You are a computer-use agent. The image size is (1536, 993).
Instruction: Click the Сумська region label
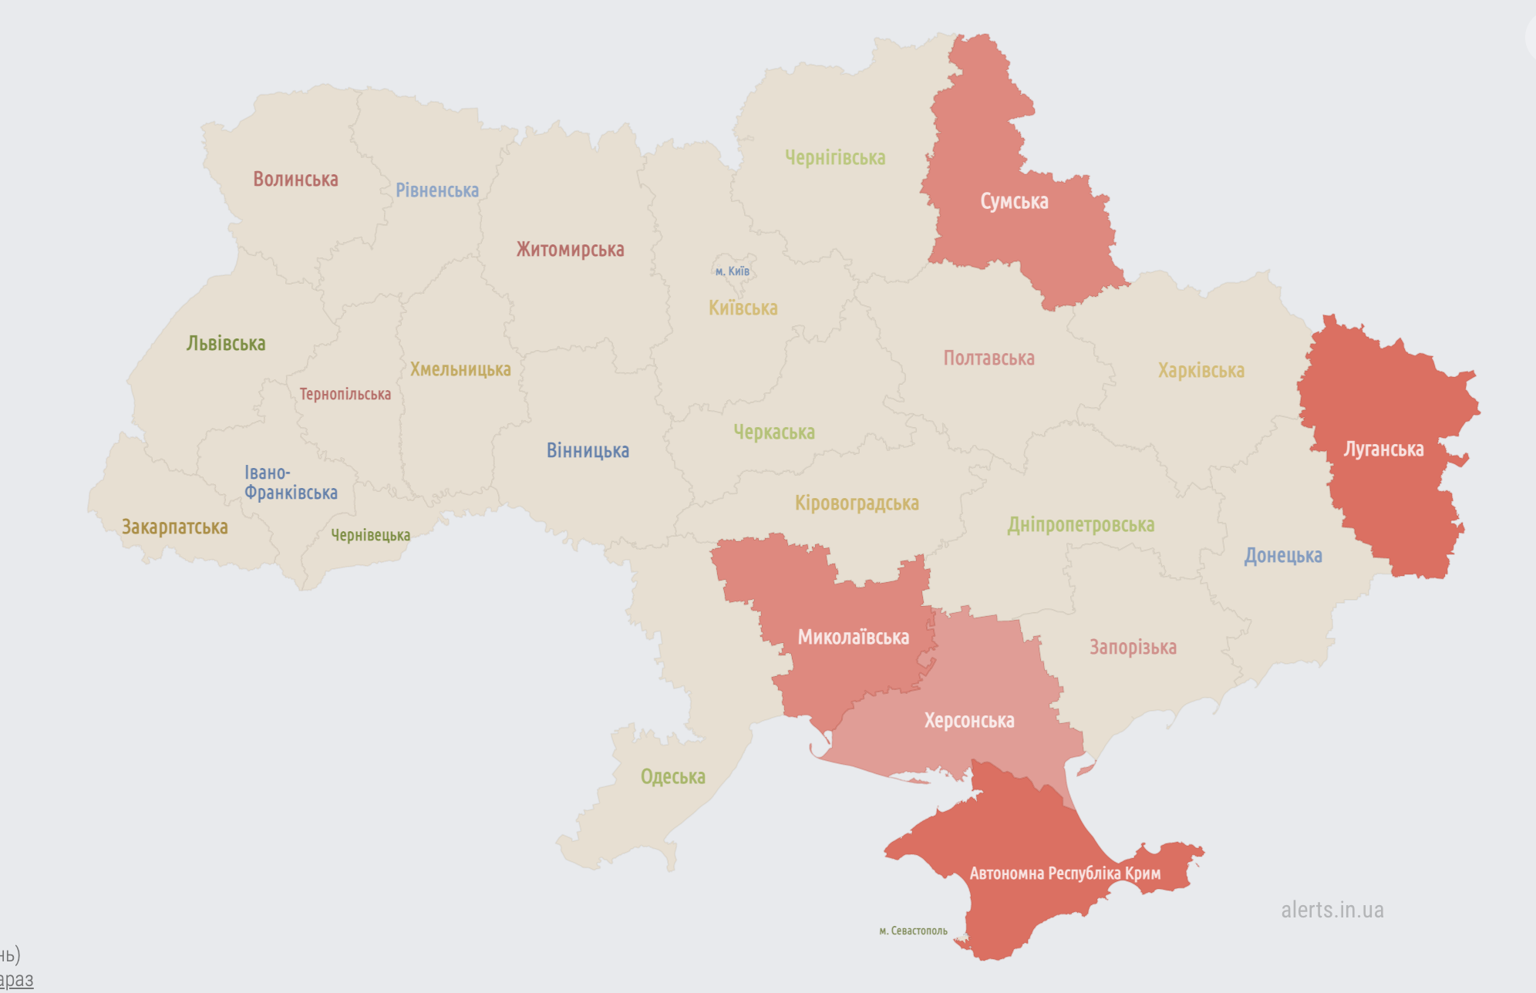pos(1014,201)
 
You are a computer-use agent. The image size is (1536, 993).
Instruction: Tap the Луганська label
pos(1383,449)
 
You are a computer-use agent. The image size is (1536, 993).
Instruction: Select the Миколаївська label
pos(853,638)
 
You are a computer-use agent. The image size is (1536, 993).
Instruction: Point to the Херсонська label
pos(969,721)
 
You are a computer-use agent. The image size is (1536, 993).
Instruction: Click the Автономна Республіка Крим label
pos(1064,874)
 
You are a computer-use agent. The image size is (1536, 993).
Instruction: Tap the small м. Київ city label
pos(732,271)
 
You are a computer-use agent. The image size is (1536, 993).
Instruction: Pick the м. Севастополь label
pos(913,931)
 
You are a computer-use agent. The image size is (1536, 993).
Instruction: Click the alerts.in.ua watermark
pos(1332,910)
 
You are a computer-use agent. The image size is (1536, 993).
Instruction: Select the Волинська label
pos(295,180)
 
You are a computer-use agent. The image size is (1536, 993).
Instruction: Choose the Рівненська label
pos(437,190)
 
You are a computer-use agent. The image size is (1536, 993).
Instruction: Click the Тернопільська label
pos(345,394)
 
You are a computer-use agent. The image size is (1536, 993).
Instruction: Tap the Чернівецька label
pos(370,535)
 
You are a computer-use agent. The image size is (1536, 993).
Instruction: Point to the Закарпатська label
pos(175,527)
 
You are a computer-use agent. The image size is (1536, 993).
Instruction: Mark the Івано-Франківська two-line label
pos(291,483)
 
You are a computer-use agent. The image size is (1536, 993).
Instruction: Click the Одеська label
pos(672,776)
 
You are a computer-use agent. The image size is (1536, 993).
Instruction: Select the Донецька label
pos(1282,556)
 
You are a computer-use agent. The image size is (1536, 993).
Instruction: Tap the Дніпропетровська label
pos(1080,525)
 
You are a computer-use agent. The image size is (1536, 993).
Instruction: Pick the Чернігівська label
pos(835,158)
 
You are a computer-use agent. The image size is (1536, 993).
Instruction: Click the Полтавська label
pos(989,358)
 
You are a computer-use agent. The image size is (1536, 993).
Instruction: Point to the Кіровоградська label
pos(857,503)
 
